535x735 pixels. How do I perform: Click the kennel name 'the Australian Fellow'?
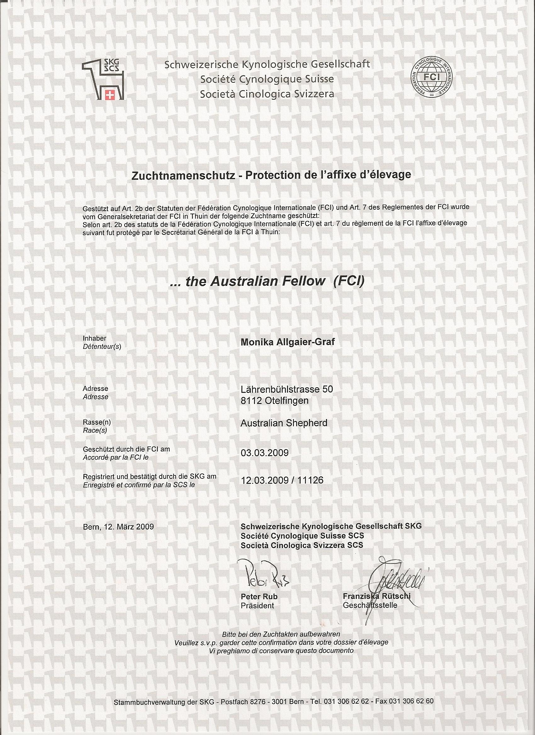[255, 281]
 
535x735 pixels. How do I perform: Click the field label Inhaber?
[95, 338]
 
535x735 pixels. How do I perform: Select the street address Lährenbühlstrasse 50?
[286, 389]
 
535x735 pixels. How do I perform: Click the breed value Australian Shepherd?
[284, 423]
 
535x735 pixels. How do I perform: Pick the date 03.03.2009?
[264, 453]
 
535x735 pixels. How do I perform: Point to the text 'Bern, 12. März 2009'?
[118, 527]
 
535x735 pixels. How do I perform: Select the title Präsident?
[257, 606]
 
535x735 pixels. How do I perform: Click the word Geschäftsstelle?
[370, 605]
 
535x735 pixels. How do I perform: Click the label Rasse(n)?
[94, 423]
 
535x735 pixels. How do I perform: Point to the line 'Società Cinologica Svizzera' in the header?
[267, 94]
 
